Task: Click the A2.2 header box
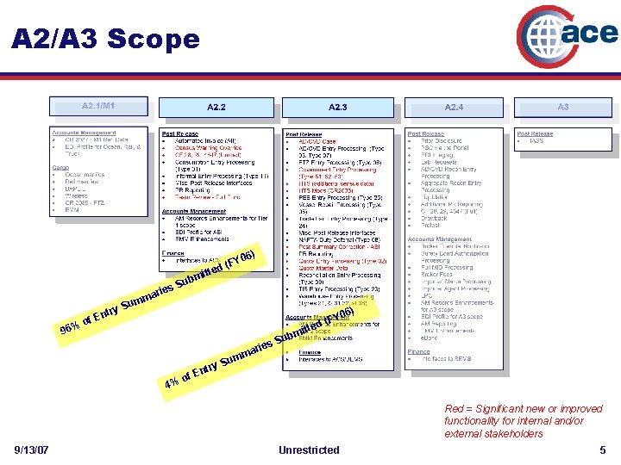(x=216, y=108)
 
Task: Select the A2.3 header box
(x=338, y=108)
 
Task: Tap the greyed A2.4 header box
(x=454, y=108)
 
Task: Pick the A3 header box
(x=562, y=108)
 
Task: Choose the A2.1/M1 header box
(x=99, y=106)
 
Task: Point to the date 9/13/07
(x=32, y=449)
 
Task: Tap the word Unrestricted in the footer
(x=309, y=449)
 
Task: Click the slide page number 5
(x=603, y=449)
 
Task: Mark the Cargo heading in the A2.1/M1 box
(x=61, y=169)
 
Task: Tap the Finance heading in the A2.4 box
(x=418, y=350)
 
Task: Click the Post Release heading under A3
(x=535, y=134)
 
